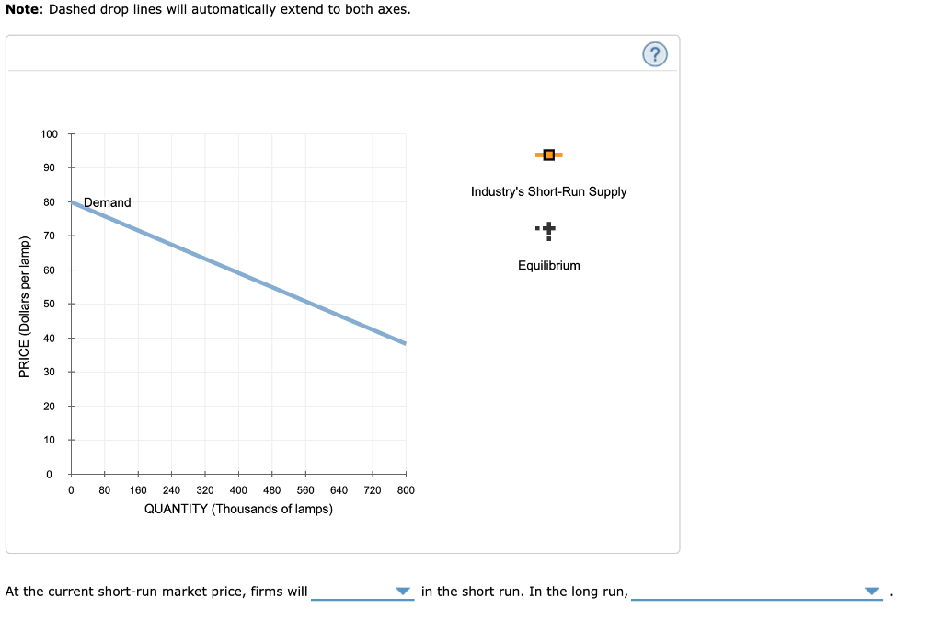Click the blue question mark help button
[x=654, y=55]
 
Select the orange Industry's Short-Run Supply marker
[x=548, y=155]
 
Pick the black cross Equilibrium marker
[x=548, y=229]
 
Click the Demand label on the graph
[x=108, y=202]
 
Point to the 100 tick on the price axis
[x=50, y=134]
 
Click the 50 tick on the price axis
[x=50, y=304]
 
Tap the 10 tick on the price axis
[x=50, y=440]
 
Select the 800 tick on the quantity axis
[x=406, y=490]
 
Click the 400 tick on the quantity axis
[x=238, y=490]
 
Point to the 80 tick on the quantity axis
[x=105, y=490]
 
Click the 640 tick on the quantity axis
[x=339, y=490]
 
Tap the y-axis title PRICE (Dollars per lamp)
[x=25, y=306]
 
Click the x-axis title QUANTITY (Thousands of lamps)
[x=238, y=509]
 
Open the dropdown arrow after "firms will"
[x=402, y=592]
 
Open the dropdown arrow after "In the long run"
[x=872, y=592]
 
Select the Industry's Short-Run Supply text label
[x=548, y=191]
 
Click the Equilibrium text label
[x=548, y=265]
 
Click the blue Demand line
[x=239, y=273]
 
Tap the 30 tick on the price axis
[x=50, y=372]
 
